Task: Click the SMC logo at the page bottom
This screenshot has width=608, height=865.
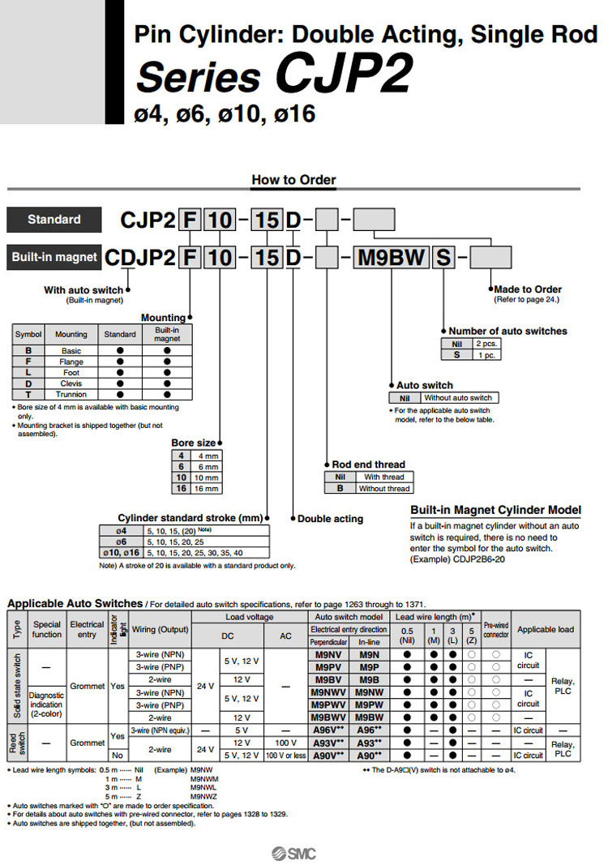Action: [294, 853]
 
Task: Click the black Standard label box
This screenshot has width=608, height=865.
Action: [54, 219]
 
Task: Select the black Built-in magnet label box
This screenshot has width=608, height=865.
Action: [54, 257]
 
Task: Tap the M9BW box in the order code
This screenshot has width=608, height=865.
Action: [392, 258]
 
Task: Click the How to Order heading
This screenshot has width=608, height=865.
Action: [293, 180]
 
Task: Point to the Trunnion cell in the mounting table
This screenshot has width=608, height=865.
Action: [71, 394]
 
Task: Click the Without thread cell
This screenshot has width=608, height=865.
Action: [383, 488]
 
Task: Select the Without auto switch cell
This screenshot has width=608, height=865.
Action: [458, 397]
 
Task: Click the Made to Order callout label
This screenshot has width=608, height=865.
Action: [528, 289]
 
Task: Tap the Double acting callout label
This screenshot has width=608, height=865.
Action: [331, 519]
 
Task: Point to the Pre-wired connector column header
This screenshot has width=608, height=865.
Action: [496, 629]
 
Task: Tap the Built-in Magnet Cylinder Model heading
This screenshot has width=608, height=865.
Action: [495, 510]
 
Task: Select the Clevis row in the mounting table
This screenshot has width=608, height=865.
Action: [71, 383]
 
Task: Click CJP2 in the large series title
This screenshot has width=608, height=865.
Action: [344, 75]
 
